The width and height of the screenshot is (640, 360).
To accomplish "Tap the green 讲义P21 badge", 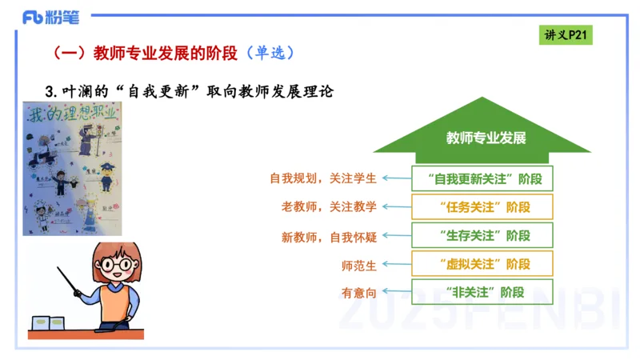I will (x=566, y=35).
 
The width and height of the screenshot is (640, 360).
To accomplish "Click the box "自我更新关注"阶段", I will (x=482, y=178).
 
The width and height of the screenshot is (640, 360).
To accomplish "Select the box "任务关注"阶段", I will (x=482, y=207).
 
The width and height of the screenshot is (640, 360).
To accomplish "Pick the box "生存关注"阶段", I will (x=482, y=236).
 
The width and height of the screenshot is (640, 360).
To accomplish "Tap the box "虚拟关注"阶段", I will (x=482, y=263).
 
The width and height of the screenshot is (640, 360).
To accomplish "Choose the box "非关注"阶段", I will (x=482, y=292).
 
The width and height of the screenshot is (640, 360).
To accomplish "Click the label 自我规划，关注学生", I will (x=322, y=178).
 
